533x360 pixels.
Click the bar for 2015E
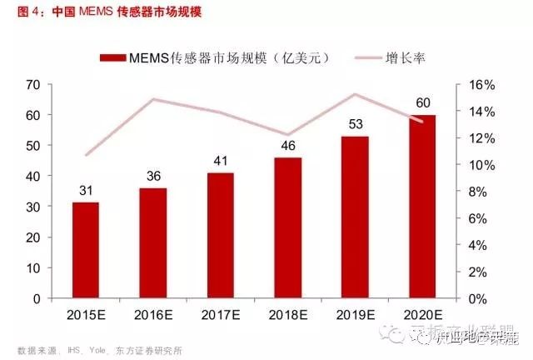click(86, 250)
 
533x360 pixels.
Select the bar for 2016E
click(153, 242)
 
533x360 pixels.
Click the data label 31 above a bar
click(86, 190)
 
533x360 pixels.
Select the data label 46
click(287, 145)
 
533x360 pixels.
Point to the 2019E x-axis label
click(355, 315)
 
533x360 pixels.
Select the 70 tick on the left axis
click(33, 85)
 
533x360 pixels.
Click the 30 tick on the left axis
click(33, 207)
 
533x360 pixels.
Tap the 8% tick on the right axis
click(481, 192)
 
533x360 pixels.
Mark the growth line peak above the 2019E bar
click(355, 94)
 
